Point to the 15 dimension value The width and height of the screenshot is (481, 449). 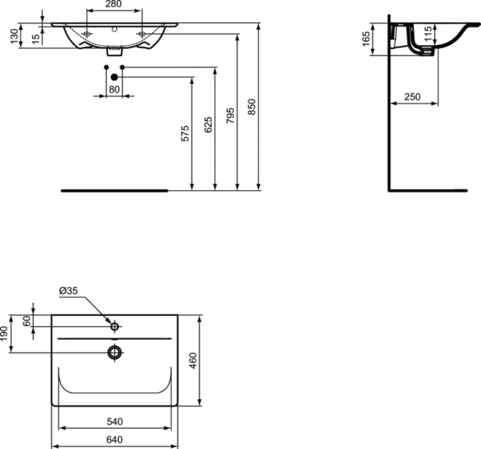click(36, 37)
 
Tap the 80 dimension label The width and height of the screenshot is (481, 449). click(113, 89)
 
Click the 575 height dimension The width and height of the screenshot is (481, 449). click(185, 134)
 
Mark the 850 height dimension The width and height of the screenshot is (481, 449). click(253, 107)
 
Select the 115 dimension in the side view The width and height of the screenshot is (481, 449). click(428, 36)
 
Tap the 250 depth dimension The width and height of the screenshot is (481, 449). click(412, 97)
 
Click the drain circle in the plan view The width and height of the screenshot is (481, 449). click(115, 352)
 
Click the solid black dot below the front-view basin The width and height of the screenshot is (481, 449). click(114, 76)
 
